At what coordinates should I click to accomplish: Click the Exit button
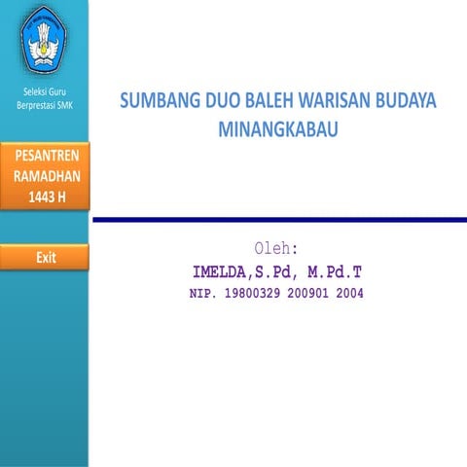[45, 258]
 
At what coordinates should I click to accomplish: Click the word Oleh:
[276, 248]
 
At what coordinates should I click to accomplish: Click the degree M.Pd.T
[330, 270]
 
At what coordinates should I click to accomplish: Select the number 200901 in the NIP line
[311, 292]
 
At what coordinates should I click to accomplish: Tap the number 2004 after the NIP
[350, 292]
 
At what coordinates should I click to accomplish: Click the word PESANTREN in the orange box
[45, 158]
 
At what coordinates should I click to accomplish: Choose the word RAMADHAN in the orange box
[45, 176]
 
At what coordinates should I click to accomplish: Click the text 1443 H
[45, 196]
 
